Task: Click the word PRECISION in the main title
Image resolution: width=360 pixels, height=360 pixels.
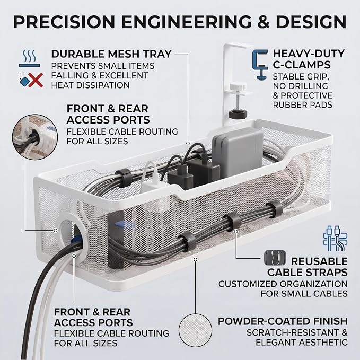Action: point(64,22)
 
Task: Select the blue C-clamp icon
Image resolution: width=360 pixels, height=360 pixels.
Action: point(260,65)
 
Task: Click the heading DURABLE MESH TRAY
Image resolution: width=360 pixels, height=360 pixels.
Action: point(111,54)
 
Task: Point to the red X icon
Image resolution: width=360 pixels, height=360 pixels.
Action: point(36,80)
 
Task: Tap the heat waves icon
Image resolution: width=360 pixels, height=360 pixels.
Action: point(29,58)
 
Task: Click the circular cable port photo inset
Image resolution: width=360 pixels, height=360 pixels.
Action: point(35,137)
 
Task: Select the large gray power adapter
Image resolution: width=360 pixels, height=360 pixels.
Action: point(238,152)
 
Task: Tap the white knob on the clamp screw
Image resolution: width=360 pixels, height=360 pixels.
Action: point(238,87)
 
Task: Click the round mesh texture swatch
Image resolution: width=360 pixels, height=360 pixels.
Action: point(195,330)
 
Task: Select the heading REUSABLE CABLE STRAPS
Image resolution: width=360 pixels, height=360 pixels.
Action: point(308,267)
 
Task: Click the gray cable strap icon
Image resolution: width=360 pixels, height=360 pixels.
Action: point(275,258)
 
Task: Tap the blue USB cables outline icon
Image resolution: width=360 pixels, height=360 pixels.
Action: point(335,238)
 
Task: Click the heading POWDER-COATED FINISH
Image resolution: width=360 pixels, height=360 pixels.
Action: point(283,321)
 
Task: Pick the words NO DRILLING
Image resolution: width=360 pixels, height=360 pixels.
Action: point(301,86)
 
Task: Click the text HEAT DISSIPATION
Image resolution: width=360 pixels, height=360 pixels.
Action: point(91,85)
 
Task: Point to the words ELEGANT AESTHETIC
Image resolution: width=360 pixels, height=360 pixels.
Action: point(302,343)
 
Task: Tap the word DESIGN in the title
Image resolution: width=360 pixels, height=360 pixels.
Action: point(312,22)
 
